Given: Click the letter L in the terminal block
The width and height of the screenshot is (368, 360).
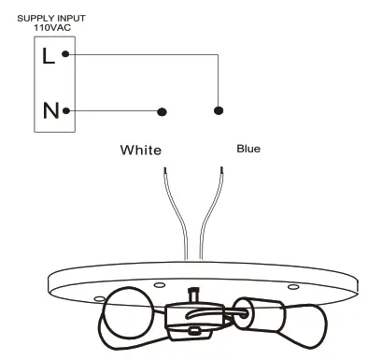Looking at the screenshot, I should click(x=49, y=55).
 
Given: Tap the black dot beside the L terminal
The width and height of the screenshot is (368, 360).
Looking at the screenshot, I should click(x=65, y=54).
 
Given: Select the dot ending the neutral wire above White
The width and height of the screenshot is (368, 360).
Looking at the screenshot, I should click(x=162, y=111).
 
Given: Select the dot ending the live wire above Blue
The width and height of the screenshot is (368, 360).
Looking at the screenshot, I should click(x=219, y=109).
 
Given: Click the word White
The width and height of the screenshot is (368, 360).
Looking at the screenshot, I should click(x=141, y=150).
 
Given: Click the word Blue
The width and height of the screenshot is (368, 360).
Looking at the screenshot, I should click(x=248, y=148).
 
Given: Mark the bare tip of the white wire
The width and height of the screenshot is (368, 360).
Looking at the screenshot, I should click(x=165, y=172).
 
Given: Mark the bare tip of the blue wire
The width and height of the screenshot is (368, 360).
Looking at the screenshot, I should click(x=221, y=171).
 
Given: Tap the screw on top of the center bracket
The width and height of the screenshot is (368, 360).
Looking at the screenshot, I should click(x=194, y=294).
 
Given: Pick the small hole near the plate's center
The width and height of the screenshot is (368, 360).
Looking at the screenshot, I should click(x=160, y=284).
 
